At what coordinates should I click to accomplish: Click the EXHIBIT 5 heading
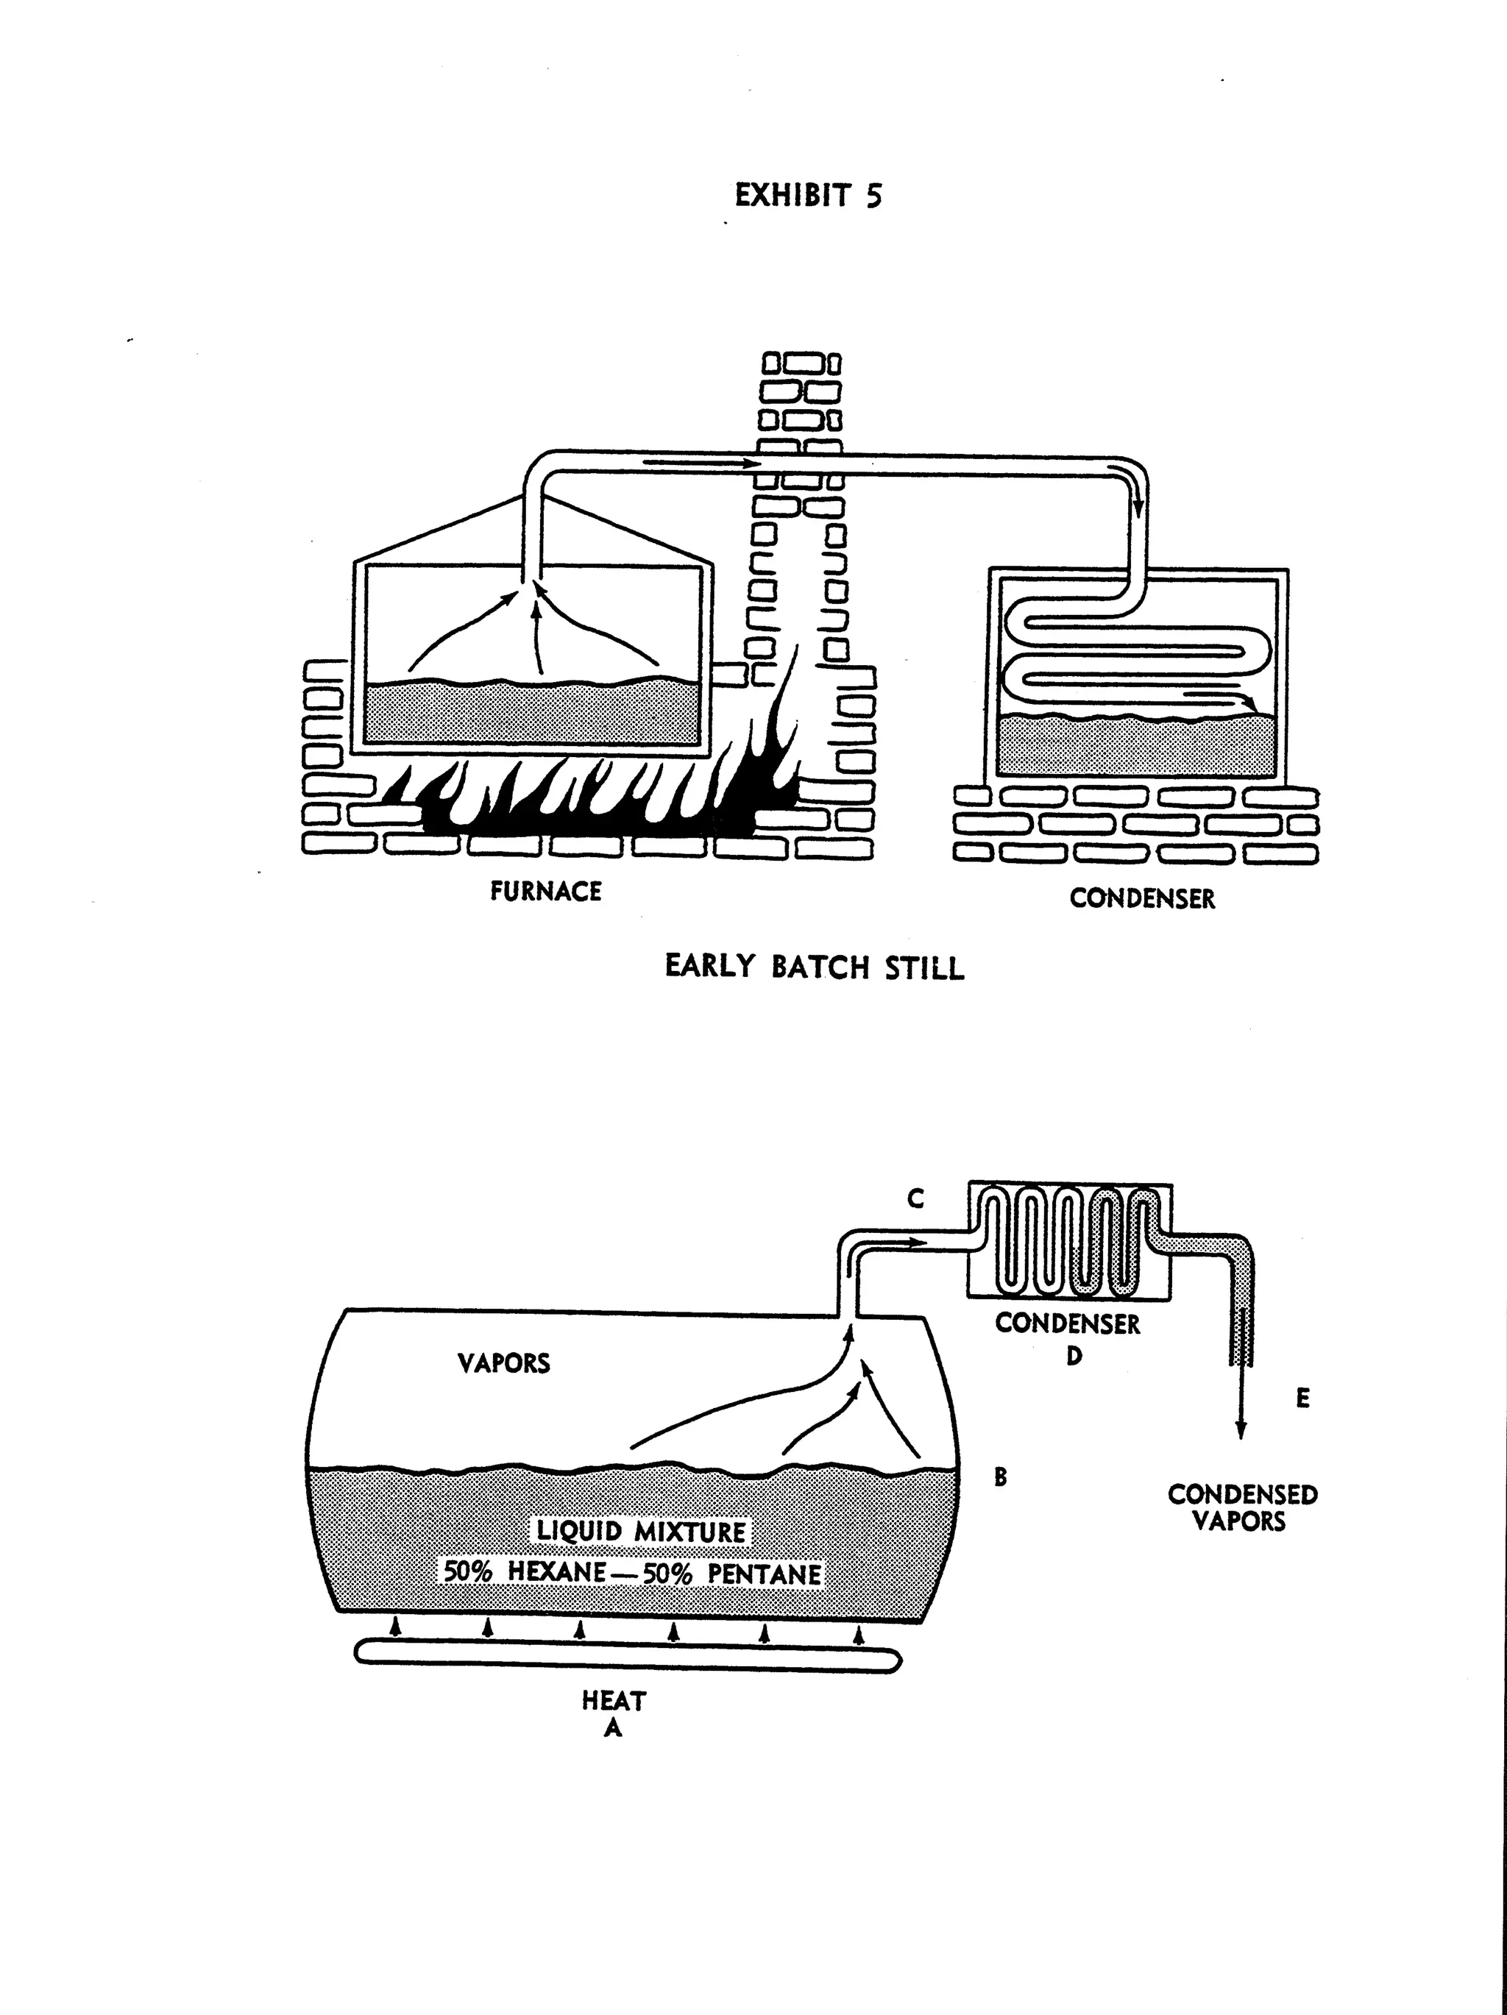pyautogui.click(x=808, y=196)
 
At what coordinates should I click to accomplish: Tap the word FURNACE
pyautogui.click(x=546, y=891)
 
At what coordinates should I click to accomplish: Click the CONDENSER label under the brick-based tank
pyautogui.click(x=1141, y=898)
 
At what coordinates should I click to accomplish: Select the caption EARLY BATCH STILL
pyautogui.click(x=814, y=967)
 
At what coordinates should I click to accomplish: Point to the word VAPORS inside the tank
pyautogui.click(x=504, y=1364)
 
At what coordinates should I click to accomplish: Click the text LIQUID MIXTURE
pyautogui.click(x=640, y=1531)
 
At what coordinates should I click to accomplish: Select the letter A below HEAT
pyautogui.click(x=613, y=1727)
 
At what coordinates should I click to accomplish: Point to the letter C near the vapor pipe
pyautogui.click(x=915, y=1201)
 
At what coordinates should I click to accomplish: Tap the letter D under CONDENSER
pyautogui.click(x=1074, y=1357)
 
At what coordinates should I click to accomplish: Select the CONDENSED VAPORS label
pyautogui.click(x=1242, y=1507)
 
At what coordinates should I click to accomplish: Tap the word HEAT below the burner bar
pyautogui.click(x=613, y=1701)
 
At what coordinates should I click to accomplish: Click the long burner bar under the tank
pyautogui.click(x=627, y=1655)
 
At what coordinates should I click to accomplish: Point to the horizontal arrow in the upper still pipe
pyautogui.click(x=701, y=463)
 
